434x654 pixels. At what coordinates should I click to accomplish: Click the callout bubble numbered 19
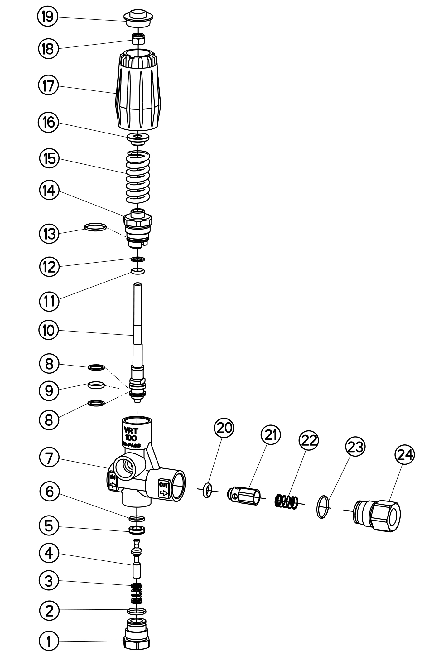point(48,17)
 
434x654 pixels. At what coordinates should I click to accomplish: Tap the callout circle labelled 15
point(49,159)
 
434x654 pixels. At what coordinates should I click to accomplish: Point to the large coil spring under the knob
point(137,177)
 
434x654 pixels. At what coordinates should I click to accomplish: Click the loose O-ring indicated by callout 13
point(95,227)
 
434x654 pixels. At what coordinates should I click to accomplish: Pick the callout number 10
point(49,330)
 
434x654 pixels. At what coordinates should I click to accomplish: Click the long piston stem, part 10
point(137,327)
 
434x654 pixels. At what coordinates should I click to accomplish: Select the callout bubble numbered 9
point(49,390)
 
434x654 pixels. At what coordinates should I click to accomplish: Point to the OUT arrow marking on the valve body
point(164,489)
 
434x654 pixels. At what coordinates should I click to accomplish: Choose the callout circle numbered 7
point(49,458)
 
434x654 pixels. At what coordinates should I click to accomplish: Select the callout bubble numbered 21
point(270,435)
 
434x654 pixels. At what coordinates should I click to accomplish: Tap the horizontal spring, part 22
point(286,502)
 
